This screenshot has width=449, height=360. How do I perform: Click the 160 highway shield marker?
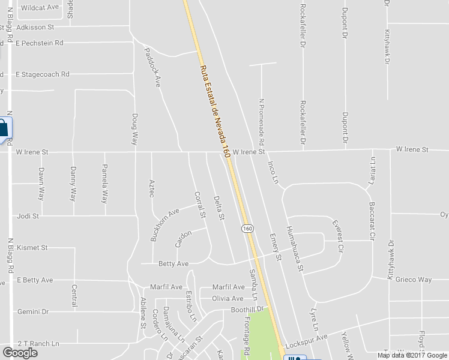(x=247, y=229)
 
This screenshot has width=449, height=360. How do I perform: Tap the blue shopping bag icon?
(x=3, y=128)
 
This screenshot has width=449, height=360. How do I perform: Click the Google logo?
(x=20, y=353)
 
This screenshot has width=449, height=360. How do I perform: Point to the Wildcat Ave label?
(x=40, y=7)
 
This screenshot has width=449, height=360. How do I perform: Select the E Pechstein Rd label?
(x=40, y=43)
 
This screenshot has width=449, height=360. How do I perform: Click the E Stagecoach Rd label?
(x=43, y=74)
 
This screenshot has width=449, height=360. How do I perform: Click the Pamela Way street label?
(x=104, y=183)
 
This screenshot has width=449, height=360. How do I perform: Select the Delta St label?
(x=219, y=207)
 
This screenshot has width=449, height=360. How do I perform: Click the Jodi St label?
(x=28, y=215)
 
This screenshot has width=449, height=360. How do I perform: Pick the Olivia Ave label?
(x=228, y=298)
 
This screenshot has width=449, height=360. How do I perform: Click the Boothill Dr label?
(x=248, y=310)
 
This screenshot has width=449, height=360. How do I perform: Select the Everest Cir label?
(x=338, y=235)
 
